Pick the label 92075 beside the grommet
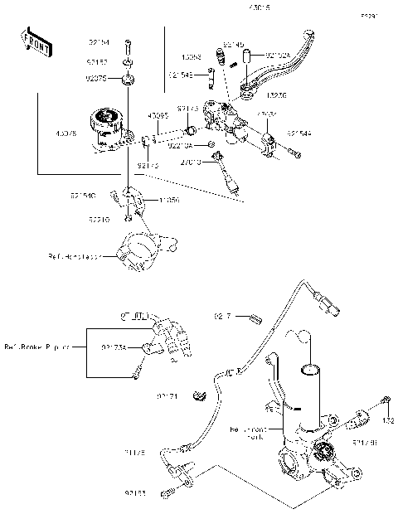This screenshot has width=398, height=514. point(98,80)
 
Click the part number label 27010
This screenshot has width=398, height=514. point(192,162)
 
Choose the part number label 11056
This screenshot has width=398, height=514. point(170,200)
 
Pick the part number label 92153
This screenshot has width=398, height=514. point(136,493)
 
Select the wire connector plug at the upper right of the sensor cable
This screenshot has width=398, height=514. point(332,308)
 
